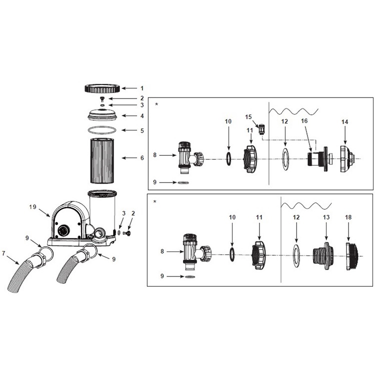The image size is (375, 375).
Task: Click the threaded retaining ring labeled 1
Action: [102, 88]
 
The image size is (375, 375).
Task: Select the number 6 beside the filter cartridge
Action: [142, 158]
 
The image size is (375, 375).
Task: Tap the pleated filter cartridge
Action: [102, 160]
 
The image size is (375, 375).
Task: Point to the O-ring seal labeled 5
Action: [102, 130]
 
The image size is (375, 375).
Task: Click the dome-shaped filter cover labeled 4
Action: [102, 115]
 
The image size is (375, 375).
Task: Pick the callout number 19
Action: [33, 206]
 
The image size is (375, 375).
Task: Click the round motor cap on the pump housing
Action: [63, 231]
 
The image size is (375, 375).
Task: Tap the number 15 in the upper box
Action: [248, 116]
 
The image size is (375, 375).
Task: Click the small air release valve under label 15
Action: [261, 129]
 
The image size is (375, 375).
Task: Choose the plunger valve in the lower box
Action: [196, 252]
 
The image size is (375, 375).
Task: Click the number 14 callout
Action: [344, 122]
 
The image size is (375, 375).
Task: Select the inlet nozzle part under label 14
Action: [347, 159]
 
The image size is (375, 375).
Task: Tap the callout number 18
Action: [348, 217]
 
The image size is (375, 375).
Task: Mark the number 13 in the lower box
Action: [326, 217]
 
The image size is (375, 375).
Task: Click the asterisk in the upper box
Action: [156, 104]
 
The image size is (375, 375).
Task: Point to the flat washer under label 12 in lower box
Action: [296, 255]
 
